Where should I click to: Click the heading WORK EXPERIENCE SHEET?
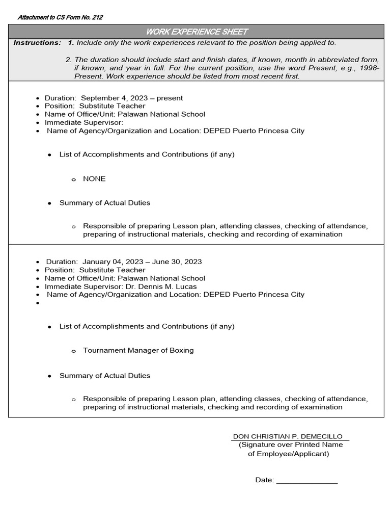click(196, 32)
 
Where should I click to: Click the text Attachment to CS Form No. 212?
click(60, 17)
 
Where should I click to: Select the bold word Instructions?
click(37, 43)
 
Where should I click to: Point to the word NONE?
click(94, 179)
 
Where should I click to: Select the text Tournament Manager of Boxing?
click(138, 350)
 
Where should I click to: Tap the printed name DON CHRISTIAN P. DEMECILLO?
click(288, 436)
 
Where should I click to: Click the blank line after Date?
click(307, 480)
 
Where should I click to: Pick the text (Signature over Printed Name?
click(291, 445)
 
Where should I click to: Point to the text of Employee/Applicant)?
click(288, 454)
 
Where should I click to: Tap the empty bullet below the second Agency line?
click(38, 303)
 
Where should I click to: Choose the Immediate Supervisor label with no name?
click(84, 122)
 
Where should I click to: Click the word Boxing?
click(182, 350)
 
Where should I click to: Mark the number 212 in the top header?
click(97, 17)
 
